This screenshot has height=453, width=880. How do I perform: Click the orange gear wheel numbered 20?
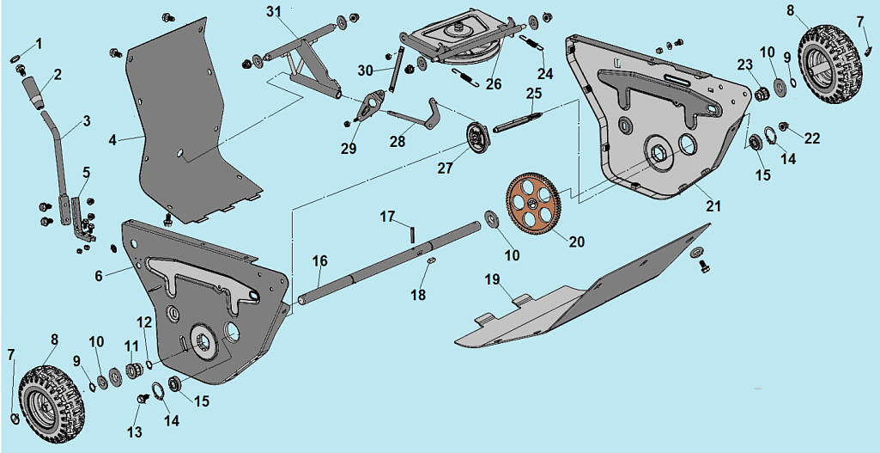coord(533,204)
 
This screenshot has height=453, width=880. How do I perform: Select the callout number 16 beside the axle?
coord(319,260)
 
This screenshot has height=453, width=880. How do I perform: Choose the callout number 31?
coord(273,11)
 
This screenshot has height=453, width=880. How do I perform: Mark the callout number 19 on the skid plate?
coord(491,279)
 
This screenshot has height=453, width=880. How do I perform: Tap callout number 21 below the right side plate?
coord(713,206)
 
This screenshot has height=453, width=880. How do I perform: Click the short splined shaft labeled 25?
coord(520,119)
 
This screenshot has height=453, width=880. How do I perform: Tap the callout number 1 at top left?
coord(38,43)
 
